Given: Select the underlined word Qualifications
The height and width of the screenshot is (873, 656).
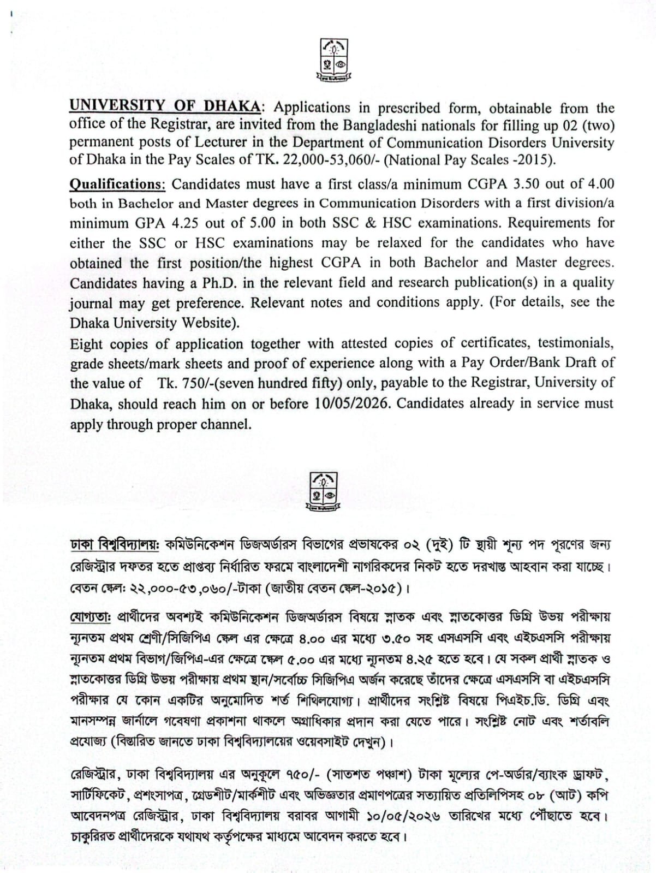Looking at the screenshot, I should tap(117, 183).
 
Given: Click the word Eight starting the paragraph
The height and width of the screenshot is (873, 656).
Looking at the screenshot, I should tap(86, 344).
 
